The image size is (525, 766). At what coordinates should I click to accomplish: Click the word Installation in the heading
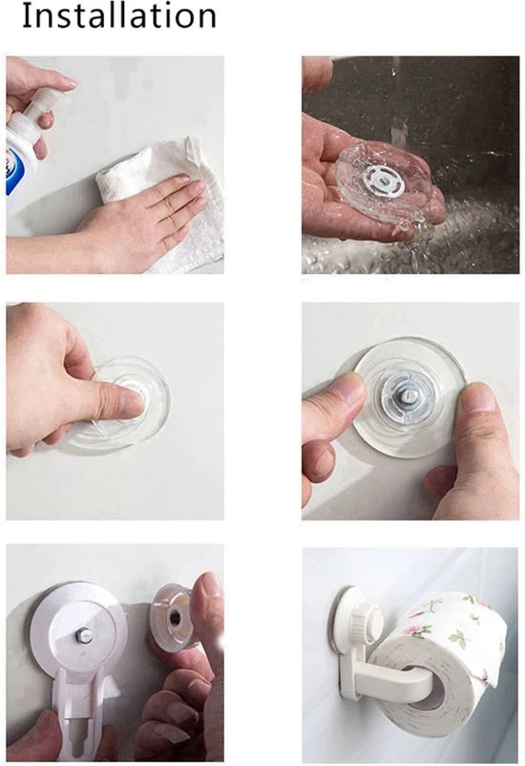(x=119, y=15)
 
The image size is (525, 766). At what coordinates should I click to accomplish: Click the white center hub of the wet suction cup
(x=383, y=180)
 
